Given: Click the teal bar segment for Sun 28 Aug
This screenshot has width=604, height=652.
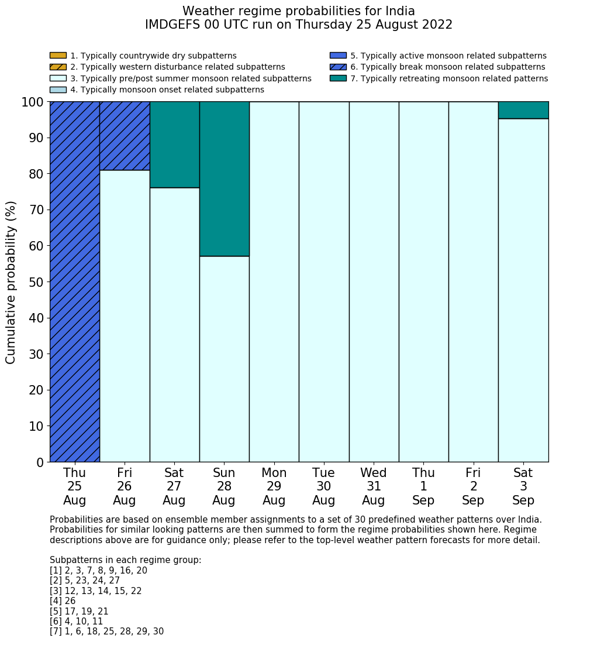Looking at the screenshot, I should [224, 179].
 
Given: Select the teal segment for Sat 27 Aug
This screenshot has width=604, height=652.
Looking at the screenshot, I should [174, 145].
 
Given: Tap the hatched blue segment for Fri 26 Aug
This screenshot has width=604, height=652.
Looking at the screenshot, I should [125, 136].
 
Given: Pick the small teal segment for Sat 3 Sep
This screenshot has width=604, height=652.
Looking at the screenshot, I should [523, 110].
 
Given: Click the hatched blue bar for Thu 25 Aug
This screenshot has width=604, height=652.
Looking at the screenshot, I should [75, 282].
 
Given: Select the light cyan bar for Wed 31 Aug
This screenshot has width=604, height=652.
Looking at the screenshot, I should [374, 282].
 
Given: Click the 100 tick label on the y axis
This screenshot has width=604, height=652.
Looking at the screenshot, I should [33, 102].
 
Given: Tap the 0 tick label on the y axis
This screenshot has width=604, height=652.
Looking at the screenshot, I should [40, 462].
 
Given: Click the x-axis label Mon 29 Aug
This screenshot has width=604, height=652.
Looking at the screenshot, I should [274, 486].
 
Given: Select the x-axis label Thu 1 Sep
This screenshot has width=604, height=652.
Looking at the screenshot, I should [423, 486].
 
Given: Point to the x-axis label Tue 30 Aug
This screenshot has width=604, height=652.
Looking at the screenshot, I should [324, 486].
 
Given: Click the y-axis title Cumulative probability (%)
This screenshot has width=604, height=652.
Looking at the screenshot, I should [11, 282].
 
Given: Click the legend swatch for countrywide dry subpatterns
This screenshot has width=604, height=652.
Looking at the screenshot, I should [58, 56].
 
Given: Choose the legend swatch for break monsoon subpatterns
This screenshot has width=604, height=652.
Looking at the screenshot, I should [338, 67].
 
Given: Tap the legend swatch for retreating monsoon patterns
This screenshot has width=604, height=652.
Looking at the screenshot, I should [338, 78].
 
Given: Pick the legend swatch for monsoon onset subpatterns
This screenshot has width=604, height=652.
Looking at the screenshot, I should [58, 90].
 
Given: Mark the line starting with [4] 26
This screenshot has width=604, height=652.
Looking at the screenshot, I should [63, 601].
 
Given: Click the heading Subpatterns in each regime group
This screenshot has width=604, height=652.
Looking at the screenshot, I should [125, 560].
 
